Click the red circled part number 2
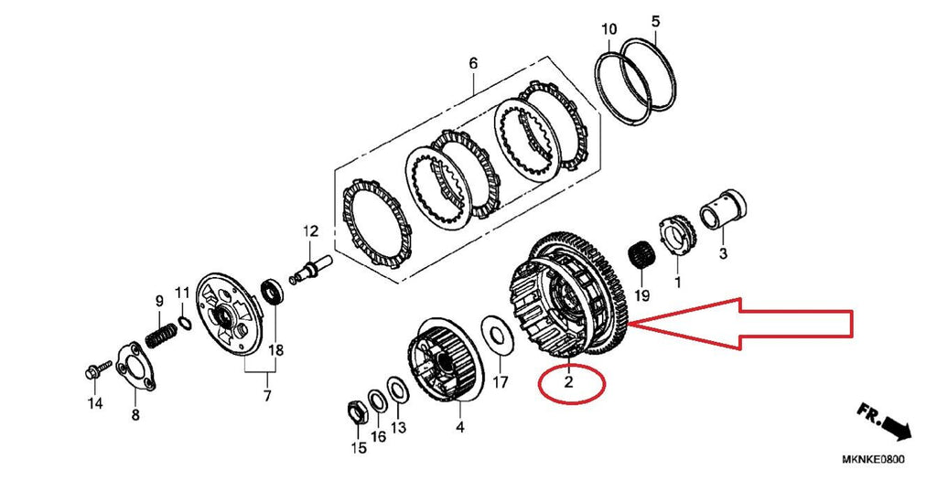coord(568,384)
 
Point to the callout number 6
coord(473,64)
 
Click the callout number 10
coord(609,30)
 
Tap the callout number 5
coord(655,20)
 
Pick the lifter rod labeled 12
coord(312,264)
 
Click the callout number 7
coord(267,396)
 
